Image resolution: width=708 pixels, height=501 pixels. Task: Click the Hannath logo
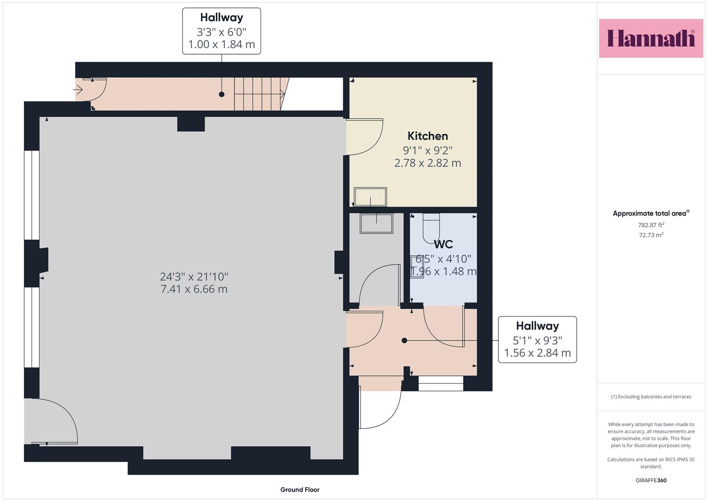coord(651,38)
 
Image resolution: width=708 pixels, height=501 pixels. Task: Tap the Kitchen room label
coord(427,136)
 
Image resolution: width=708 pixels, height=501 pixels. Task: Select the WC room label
coord(443,244)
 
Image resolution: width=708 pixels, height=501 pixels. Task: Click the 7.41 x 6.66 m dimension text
coord(194,289)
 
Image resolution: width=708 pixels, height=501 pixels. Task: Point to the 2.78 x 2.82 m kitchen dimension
coord(427,163)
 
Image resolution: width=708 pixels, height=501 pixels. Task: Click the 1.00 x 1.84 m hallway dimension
coord(222,45)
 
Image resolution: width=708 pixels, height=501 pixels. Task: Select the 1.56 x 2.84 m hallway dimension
coord(537,353)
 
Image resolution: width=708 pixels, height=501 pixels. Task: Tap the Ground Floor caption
coord(300,489)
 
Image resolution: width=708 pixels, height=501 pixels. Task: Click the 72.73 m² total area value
coord(651,235)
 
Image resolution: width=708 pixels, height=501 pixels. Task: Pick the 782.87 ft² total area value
coord(651,225)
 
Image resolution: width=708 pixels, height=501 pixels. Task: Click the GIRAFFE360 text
coord(651,480)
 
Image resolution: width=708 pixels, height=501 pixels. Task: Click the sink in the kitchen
coord(370,197)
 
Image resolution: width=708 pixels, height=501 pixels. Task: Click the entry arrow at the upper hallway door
coord(78,90)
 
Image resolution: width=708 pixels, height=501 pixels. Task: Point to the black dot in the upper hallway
coord(222,94)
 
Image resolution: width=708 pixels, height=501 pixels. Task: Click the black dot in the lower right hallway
coord(404,340)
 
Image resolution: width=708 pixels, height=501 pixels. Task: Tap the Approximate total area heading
coord(651,213)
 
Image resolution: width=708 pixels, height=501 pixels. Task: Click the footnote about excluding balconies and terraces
coord(651,397)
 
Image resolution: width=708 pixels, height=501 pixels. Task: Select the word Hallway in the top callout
coord(222,18)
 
